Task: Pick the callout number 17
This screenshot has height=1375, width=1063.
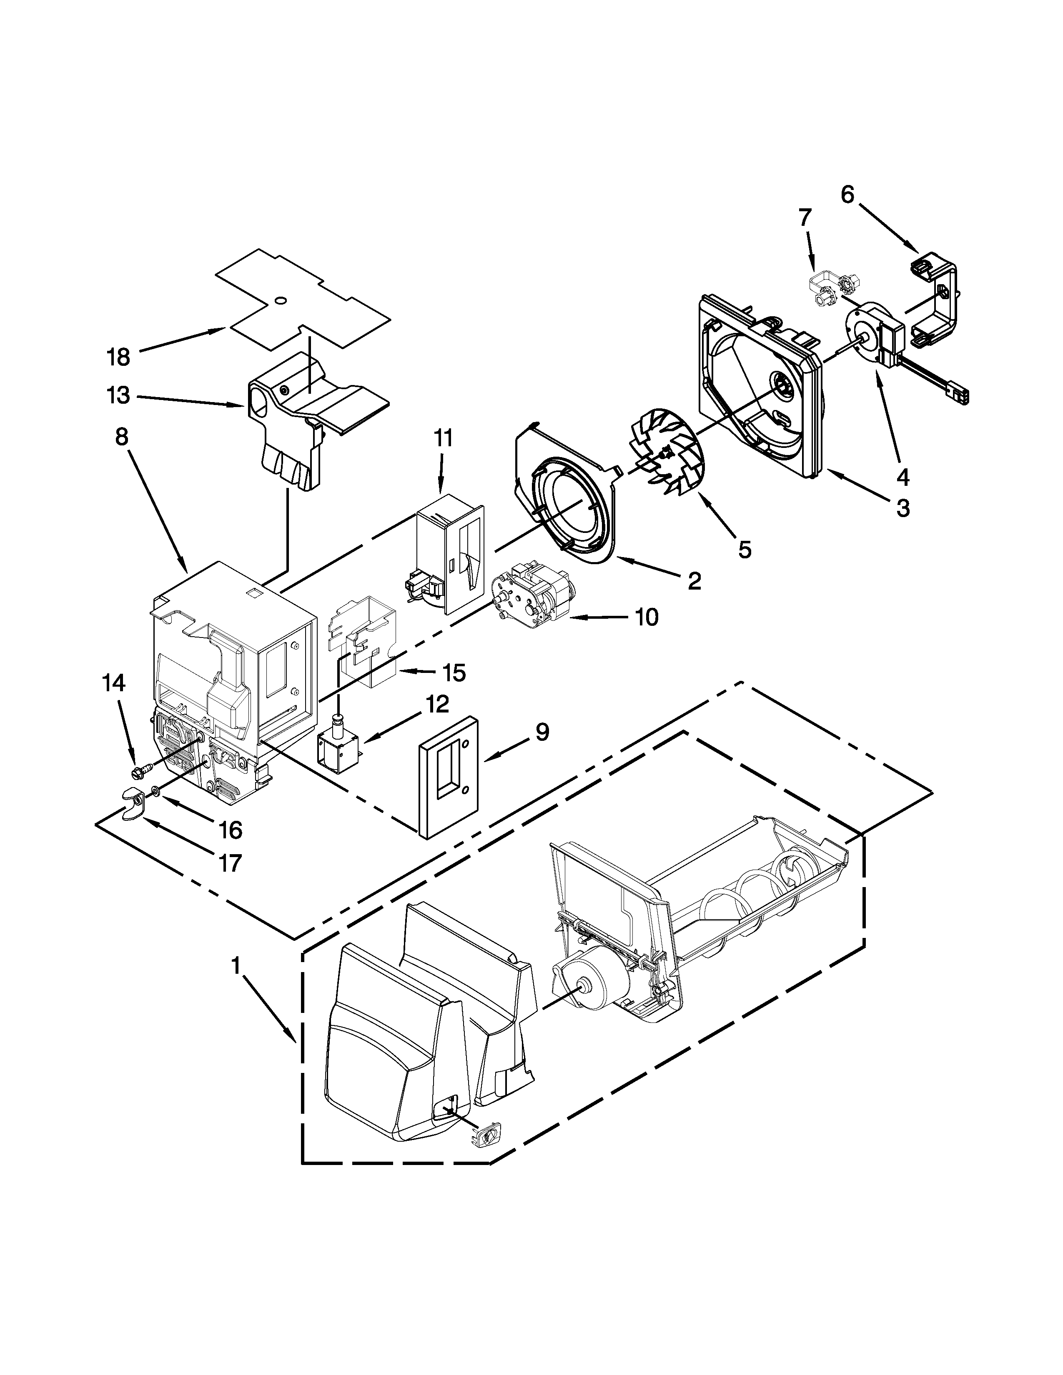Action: click(231, 862)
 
